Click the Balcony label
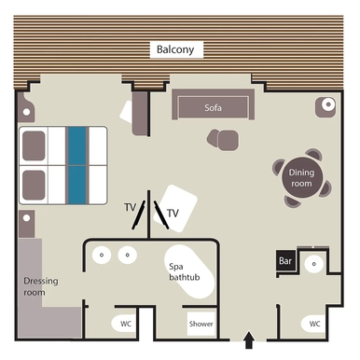coord(175,48)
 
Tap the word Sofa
coord(214,107)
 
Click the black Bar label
coord(285,262)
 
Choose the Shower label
coord(201,325)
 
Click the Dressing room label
coord(35,286)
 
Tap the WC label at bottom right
coord(314,324)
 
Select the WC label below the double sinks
coord(125,324)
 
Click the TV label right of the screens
coord(173,213)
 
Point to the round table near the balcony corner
coord(326,105)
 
